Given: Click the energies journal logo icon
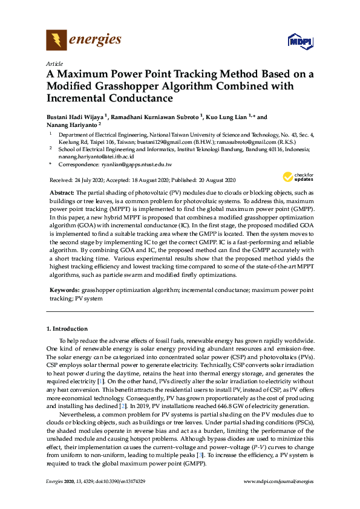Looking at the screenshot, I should tap(56, 41).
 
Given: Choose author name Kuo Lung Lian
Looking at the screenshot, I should tap(228, 117).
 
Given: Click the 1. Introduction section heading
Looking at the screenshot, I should tap(67, 328).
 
